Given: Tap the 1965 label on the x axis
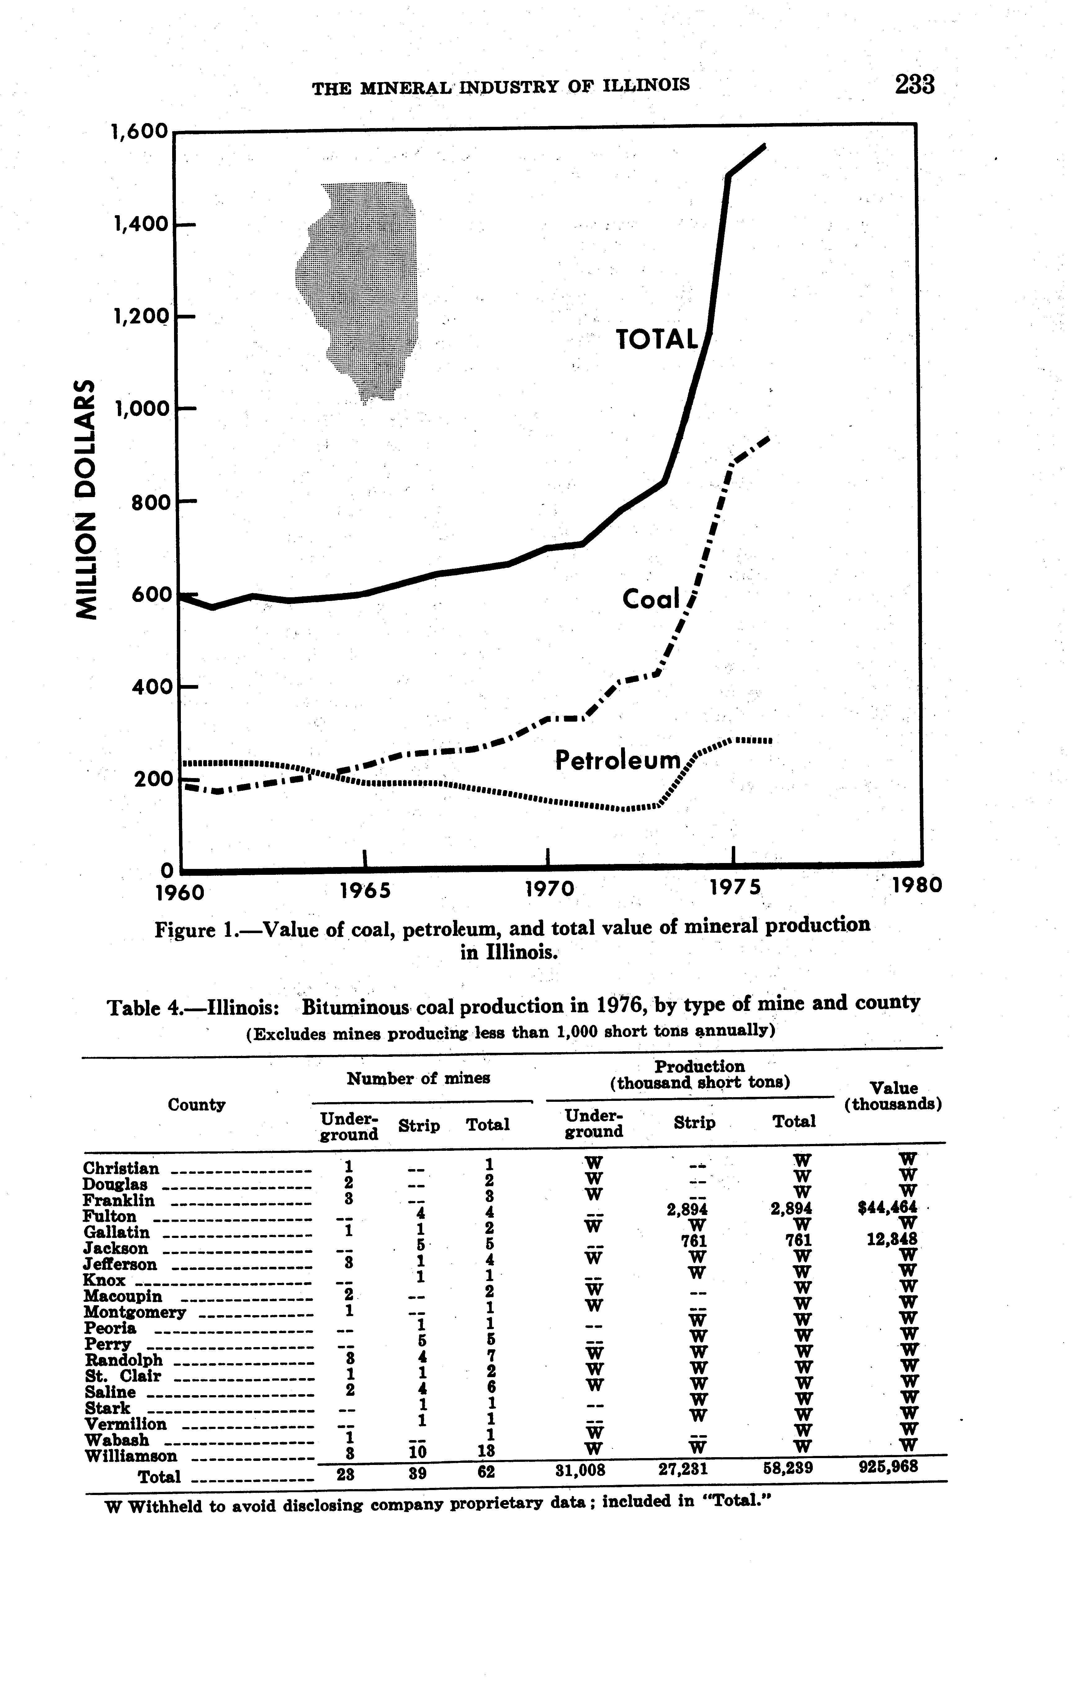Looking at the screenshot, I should [x=365, y=890].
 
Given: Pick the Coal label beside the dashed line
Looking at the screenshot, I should [x=651, y=599].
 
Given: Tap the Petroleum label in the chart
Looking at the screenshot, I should [x=618, y=759].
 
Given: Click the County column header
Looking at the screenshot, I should [x=197, y=1105].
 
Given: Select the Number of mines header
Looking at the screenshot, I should [x=418, y=1078].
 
